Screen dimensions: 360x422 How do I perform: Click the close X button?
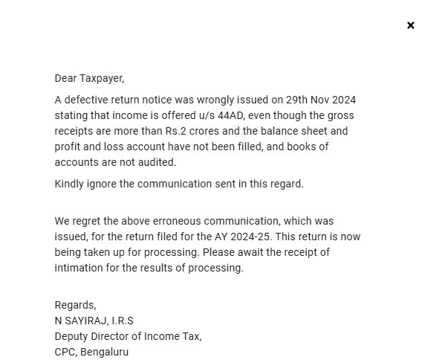[410, 25]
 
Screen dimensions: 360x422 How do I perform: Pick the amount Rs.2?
[181, 131]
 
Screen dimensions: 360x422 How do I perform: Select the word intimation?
[79, 268]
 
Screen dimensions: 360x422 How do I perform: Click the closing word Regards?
[75, 305]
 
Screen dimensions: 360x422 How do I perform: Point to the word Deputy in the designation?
[71, 336]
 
